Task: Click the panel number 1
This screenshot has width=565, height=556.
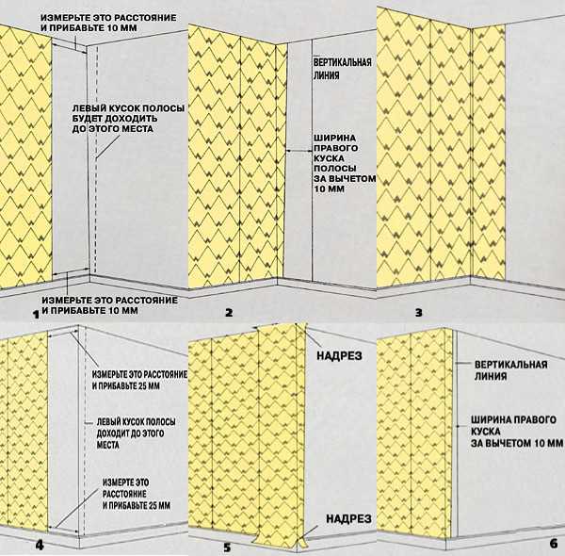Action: pos(36,315)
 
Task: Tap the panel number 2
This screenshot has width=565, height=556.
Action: pos(229,313)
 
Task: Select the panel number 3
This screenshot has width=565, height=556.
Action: pos(418,312)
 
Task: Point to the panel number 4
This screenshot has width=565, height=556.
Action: pos(40,546)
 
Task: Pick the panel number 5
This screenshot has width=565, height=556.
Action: pos(227,548)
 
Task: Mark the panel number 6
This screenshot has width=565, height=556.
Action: pos(554,544)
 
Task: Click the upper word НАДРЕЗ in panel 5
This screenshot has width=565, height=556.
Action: pos(339,356)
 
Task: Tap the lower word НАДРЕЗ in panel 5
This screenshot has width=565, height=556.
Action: pos(348,519)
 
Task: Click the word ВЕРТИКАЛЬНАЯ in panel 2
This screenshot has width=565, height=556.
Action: pos(342,62)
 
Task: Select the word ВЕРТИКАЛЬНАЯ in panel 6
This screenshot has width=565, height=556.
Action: pos(511,365)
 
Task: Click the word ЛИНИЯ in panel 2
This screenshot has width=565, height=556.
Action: pos(326,75)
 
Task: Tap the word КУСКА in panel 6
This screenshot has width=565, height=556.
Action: pos(485,432)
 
